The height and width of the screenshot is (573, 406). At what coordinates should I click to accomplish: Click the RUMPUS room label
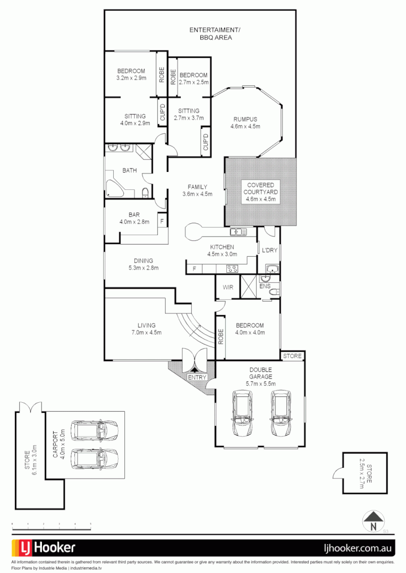pyautogui.click(x=245, y=119)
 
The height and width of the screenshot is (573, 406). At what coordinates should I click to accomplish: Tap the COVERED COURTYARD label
pyautogui.click(x=260, y=192)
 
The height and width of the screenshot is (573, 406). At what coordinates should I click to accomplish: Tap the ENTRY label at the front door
pyautogui.click(x=197, y=377)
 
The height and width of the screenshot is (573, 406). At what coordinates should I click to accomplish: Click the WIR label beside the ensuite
pyautogui.click(x=228, y=287)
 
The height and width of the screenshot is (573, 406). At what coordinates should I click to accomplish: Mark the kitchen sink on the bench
pyautogui.click(x=238, y=232)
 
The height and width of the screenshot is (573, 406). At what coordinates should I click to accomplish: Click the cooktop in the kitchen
pyautogui.click(x=232, y=268)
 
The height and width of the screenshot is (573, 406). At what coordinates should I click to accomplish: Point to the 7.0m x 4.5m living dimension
pyautogui.click(x=146, y=333)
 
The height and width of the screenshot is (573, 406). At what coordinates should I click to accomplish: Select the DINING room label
pyautogui.click(x=143, y=261)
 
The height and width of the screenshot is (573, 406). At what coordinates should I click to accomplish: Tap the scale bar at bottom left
pyautogui.click(x=51, y=526)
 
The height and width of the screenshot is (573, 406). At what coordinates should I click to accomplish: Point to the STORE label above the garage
pyautogui.click(x=292, y=356)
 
